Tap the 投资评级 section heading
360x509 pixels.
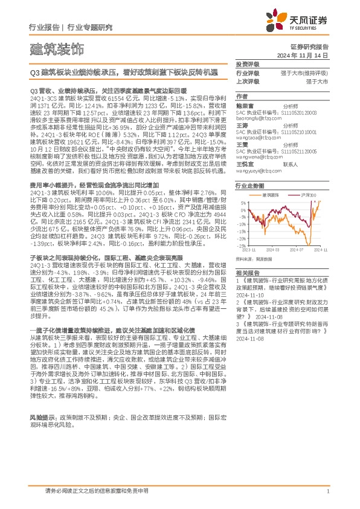tap(247, 64)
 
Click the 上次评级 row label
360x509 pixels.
tap(247, 80)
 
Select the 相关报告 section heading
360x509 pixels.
tap(247, 273)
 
